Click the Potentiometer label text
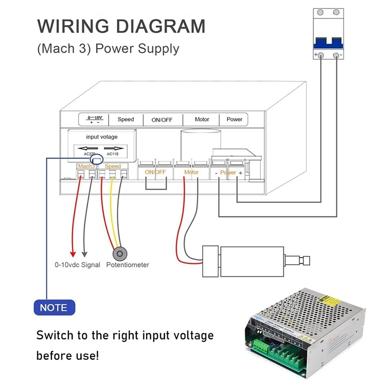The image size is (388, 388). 128,265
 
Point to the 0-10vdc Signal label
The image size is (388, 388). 77,265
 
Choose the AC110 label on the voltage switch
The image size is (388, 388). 113,154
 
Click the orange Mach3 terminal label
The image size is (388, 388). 85,166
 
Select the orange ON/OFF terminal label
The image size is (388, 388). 155,172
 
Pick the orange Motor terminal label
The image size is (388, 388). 192,172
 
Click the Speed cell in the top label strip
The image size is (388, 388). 126,119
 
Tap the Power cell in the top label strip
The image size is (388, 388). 234,119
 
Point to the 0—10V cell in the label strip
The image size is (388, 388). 94,119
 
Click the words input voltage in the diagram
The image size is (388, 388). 102,137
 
